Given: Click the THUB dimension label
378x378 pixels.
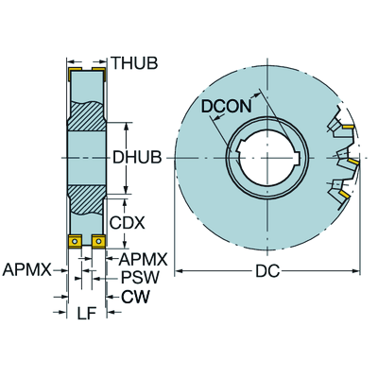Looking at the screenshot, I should (x=134, y=63).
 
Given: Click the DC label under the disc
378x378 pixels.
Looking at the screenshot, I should (x=266, y=272).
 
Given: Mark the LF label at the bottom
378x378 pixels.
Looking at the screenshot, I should (x=84, y=313).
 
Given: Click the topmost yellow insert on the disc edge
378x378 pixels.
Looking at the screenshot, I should (x=346, y=126).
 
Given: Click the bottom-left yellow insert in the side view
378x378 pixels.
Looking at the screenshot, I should (x=73, y=243).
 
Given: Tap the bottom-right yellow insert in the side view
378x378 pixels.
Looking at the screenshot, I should (x=98, y=243).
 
